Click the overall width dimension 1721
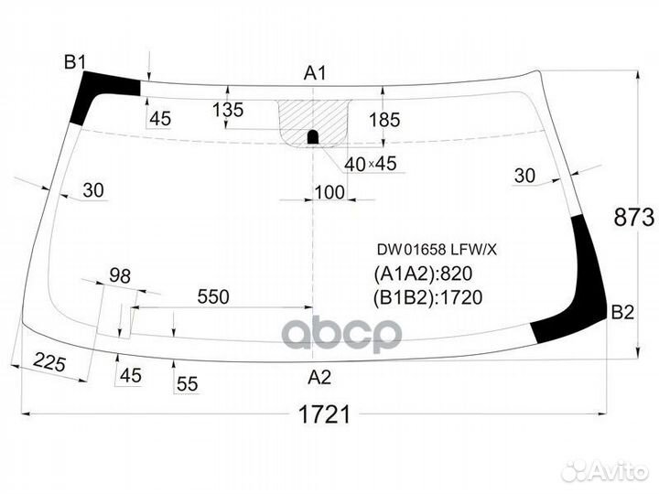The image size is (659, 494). (x=324, y=414)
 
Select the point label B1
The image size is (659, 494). (x=74, y=62)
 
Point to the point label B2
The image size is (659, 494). (x=622, y=313)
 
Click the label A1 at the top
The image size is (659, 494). (x=316, y=72)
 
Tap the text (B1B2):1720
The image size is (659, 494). (x=427, y=296)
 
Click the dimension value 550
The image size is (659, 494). (x=212, y=296)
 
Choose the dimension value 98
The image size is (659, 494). (x=120, y=275)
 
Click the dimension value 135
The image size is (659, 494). (x=228, y=111)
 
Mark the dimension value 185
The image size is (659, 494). (x=384, y=120)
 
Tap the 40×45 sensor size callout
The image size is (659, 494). (x=371, y=165)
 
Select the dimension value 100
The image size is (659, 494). (x=329, y=192)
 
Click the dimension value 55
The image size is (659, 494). (x=187, y=384)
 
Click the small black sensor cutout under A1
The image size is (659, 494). (x=312, y=137)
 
